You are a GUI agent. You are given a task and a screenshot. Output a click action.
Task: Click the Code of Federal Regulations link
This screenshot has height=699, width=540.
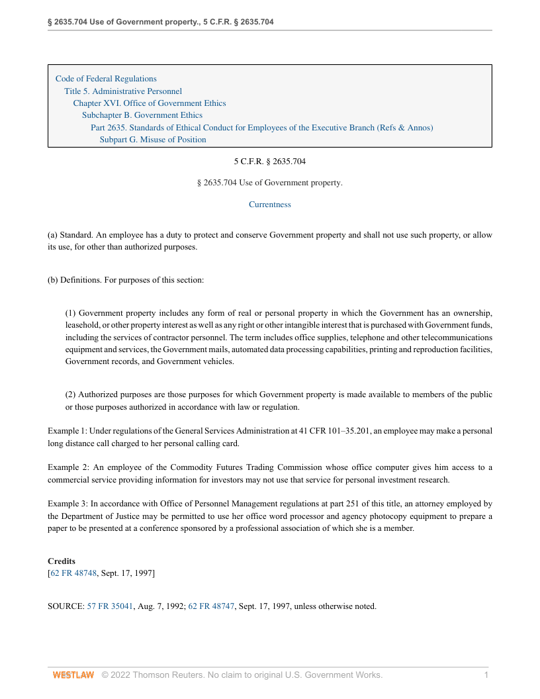click(x=106, y=79)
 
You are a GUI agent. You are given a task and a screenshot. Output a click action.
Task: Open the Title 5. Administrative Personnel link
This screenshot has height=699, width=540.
click(x=123, y=91)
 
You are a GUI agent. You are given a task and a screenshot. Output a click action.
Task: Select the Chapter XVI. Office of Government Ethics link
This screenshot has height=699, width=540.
click(x=150, y=103)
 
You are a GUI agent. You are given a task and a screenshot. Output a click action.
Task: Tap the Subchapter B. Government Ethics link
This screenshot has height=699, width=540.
click(x=142, y=115)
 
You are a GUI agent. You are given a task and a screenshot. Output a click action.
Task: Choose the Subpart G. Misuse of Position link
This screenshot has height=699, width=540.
click(x=153, y=140)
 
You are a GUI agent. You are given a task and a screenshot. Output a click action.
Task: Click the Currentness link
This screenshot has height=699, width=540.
click(x=269, y=205)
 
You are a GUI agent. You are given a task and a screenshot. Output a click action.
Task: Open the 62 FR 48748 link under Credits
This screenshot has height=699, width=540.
click(x=73, y=573)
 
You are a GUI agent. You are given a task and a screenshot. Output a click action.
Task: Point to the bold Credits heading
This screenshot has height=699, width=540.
click(x=62, y=561)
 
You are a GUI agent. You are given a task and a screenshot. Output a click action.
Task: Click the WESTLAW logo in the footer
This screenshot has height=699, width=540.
click(x=73, y=675)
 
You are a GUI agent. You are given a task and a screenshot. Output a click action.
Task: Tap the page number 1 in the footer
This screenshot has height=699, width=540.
click(x=486, y=675)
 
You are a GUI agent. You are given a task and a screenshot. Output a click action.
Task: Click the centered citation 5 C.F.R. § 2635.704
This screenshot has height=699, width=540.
click(x=269, y=162)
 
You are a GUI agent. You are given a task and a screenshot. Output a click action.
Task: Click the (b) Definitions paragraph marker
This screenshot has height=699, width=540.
click(x=53, y=280)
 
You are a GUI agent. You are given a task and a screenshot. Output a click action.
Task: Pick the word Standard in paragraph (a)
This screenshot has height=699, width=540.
click(x=75, y=235)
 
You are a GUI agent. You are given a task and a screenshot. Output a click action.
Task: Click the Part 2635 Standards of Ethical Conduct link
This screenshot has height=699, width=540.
click(x=261, y=128)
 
